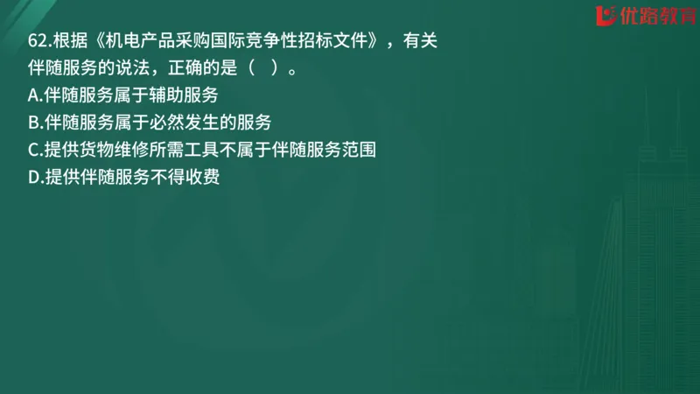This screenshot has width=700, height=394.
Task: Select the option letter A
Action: pyautogui.click(x=34, y=95)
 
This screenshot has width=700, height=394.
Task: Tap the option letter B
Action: pyautogui.click(x=34, y=122)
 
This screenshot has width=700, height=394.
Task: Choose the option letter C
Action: pyautogui.click(x=34, y=150)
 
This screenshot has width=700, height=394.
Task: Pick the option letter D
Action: pyautogui.click(x=34, y=178)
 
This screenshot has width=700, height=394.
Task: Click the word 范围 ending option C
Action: pyautogui.click(x=361, y=150)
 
